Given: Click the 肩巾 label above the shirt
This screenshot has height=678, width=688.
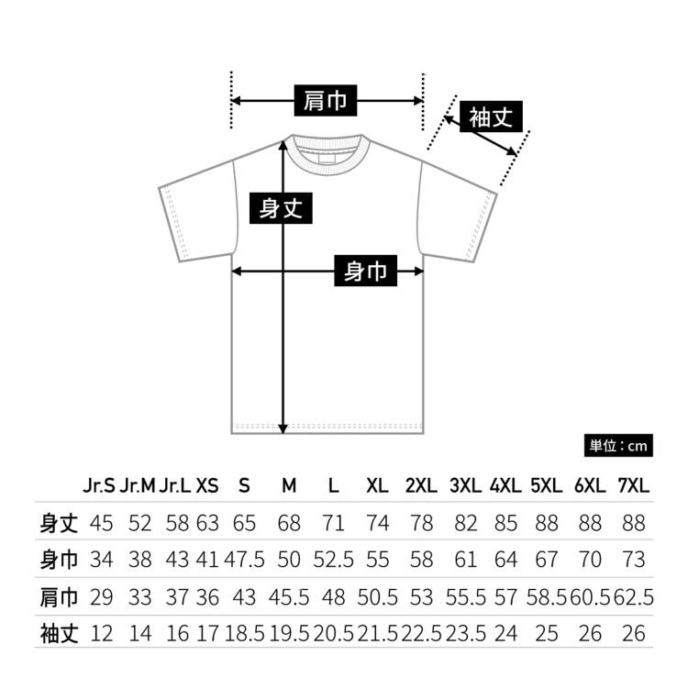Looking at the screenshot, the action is pyautogui.click(x=326, y=99).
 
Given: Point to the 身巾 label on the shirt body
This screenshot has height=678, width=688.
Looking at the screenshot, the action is pyautogui.click(x=365, y=271).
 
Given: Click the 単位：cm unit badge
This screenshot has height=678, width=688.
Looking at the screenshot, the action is pyautogui.click(x=618, y=446).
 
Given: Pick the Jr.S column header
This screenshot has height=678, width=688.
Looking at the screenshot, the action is pyautogui.click(x=99, y=485).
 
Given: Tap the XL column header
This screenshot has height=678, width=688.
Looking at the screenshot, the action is pyautogui.click(x=377, y=485).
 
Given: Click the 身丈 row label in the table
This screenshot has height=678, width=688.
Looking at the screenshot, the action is pyautogui.click(x=59, y=523).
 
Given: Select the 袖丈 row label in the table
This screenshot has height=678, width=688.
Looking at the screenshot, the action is pyautogui.click(x=59, y=632).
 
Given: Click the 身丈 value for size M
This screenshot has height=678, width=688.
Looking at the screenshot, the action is pyautogui.click(x=289, y=523).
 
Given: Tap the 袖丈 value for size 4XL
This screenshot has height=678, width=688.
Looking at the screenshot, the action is pyautogui.click(x=505, y=632).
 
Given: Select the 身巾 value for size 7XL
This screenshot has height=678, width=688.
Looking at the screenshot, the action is pyautogui.click(x=633, y=560).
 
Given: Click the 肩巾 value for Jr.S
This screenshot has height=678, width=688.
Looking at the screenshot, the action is pyautogui.click(x=101, y=596).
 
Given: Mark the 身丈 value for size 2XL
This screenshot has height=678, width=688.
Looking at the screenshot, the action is pyautogui.click(x=421, y=523).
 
